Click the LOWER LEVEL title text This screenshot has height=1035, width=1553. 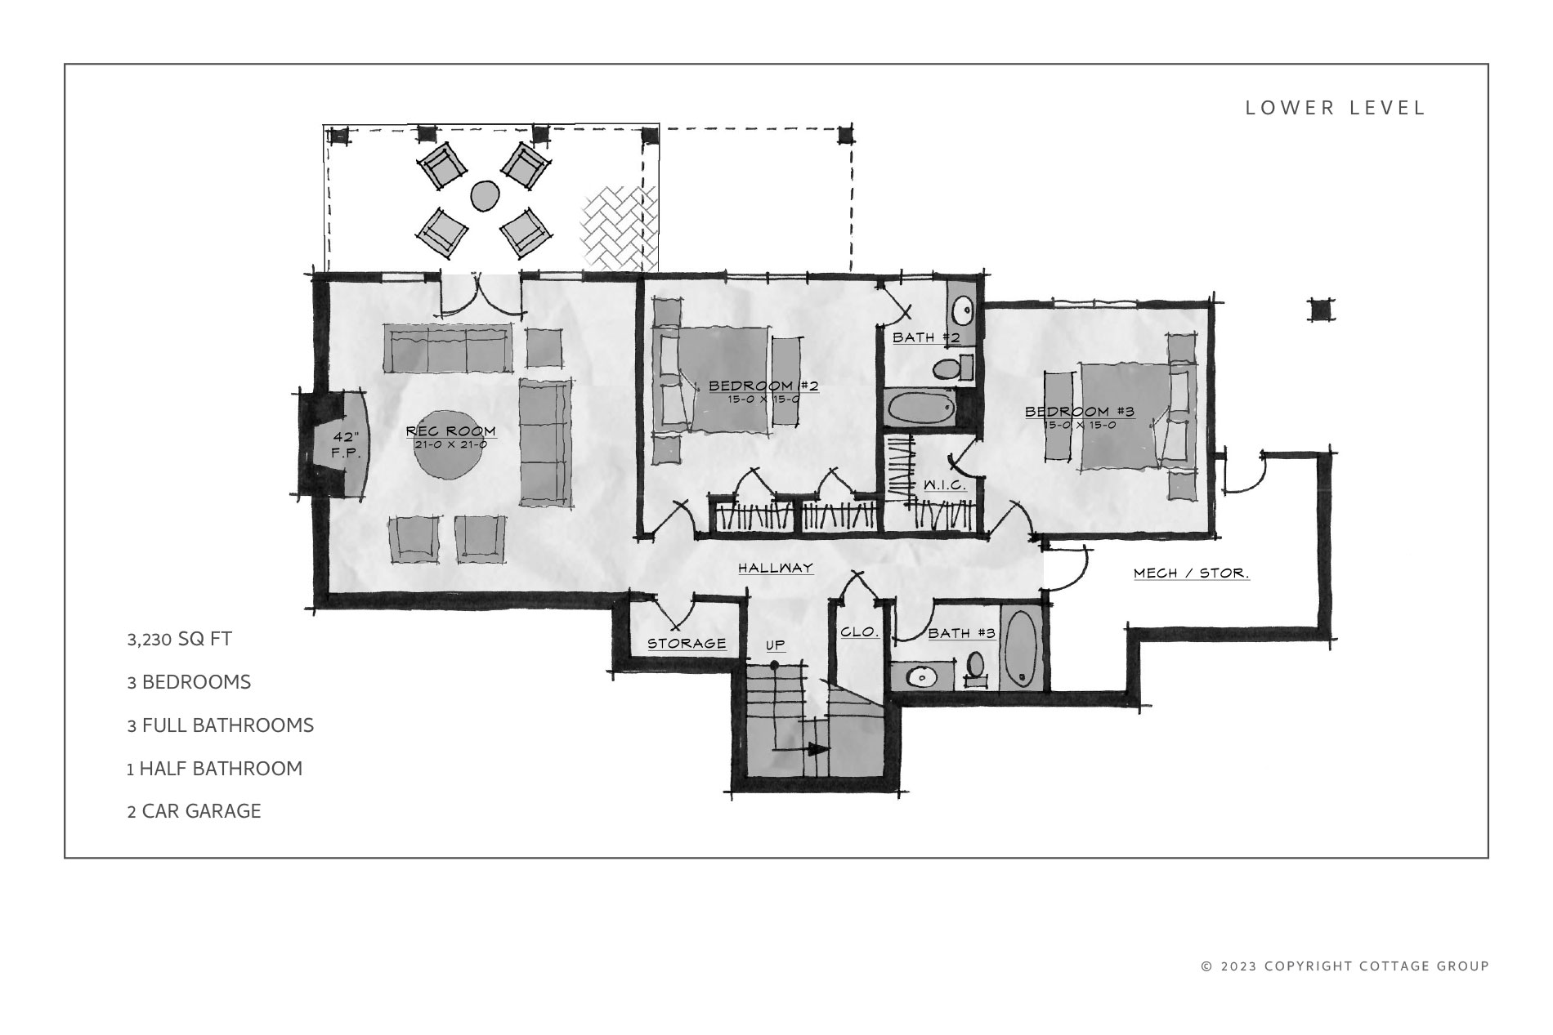click(x=1336, y=108)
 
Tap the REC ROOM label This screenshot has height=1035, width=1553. click(x=451, y=431)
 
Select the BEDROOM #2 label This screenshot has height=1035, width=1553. click(x=763, y=386)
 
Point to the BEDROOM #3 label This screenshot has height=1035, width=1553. click(x=1080, y=412)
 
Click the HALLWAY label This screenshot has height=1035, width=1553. click(x=776, y=568)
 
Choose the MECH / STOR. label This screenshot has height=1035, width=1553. click(x=1192, y=573)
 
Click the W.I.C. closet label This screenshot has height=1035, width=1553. click(x=945, y=485)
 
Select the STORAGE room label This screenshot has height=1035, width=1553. click(x=687, y=644)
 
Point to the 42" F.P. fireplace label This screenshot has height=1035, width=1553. click(x=346, y=444)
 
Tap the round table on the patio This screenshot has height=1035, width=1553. click(x=485, y=195)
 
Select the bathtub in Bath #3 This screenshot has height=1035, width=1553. click(x=1020, y=649)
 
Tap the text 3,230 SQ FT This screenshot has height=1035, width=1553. click(x=180, y=639)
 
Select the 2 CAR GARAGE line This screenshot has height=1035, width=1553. click(x=195, y=811)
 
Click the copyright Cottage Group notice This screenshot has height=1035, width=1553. click(x=1345, y=966)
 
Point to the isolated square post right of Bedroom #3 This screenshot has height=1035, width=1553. click(x=1319, y=310)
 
